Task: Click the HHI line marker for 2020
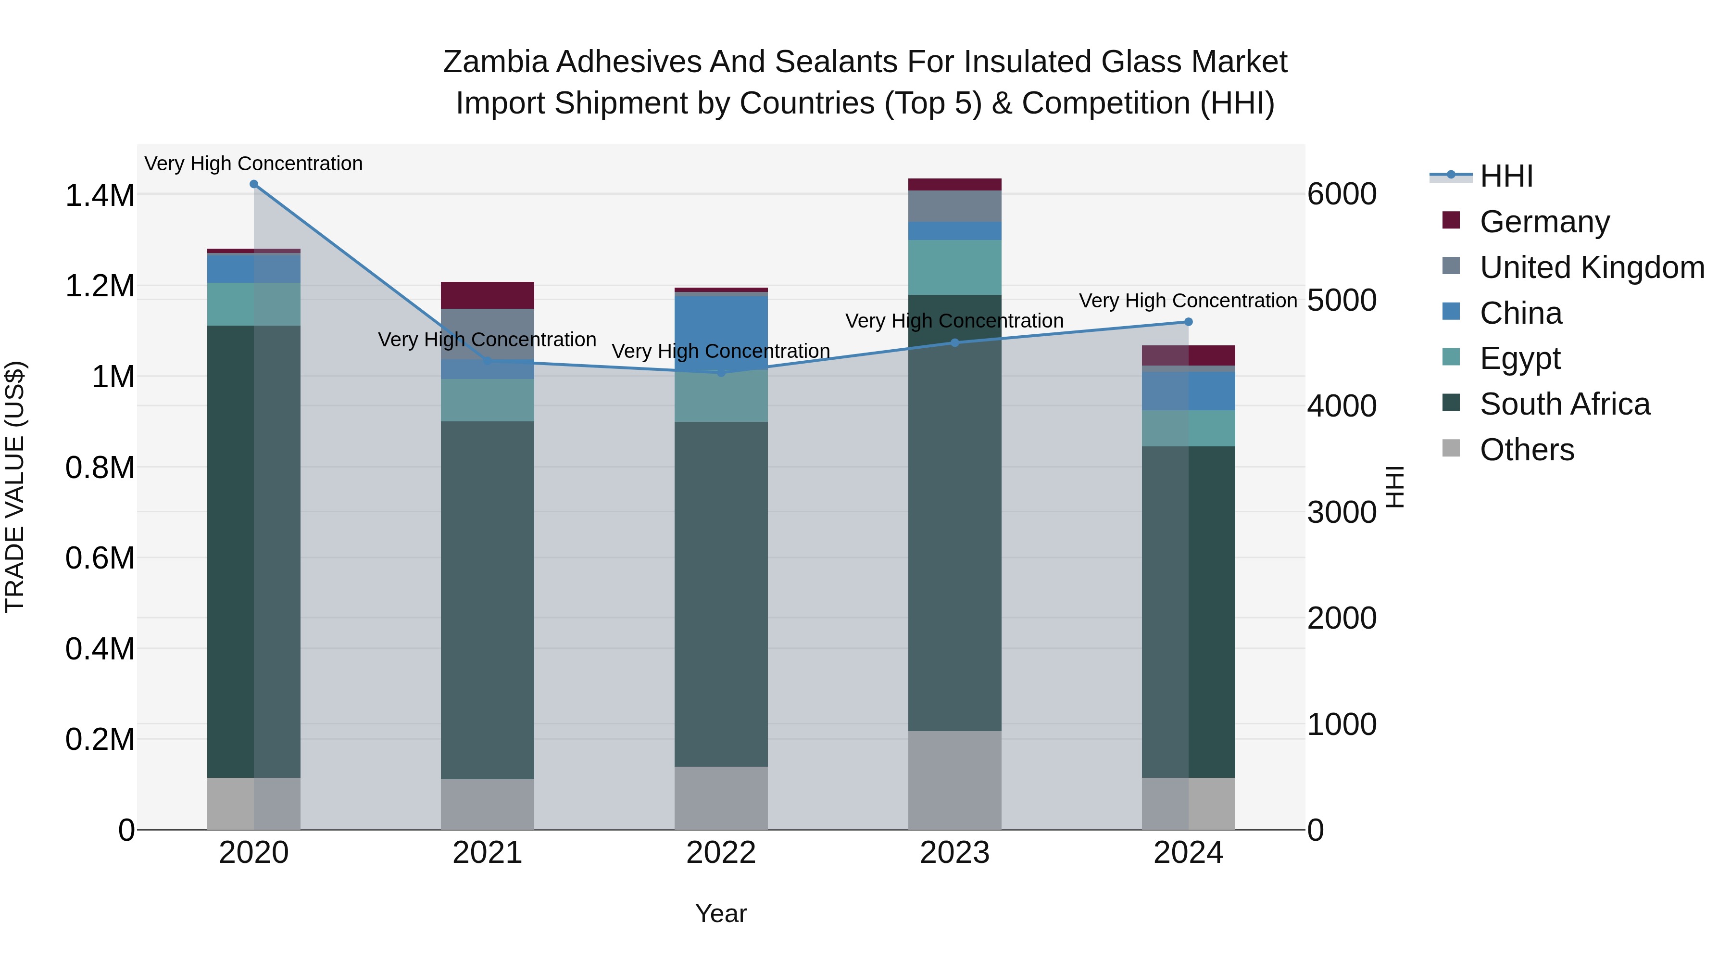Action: coord(253,184)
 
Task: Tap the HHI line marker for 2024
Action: coord(1188,322)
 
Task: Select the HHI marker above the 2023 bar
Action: coord(955,343)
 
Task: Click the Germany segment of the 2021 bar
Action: coord(487,295)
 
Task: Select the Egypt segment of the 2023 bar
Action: coord(955,267)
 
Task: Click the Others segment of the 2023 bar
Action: coord(955,780)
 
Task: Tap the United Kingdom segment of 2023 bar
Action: coord(955,206)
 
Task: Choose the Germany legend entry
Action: coord(1544,222)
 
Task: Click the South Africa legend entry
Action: coord(1564,404)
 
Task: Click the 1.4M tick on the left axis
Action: coord(100,196)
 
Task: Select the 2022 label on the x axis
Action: coord(721,853)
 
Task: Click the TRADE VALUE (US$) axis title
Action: coord(15,487)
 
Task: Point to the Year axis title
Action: coord(721,913)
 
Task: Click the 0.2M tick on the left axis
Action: coord(100,739)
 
